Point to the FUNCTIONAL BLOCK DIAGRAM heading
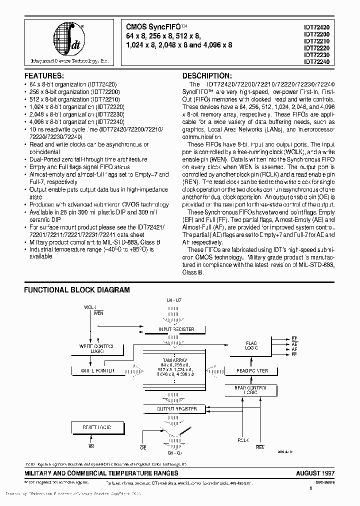[x=77, y=289]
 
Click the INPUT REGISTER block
[x=176, y=329]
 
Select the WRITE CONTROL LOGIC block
[x=96, y=348]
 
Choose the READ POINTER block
[x=251, y=371]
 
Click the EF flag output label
[x=294, y=339]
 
